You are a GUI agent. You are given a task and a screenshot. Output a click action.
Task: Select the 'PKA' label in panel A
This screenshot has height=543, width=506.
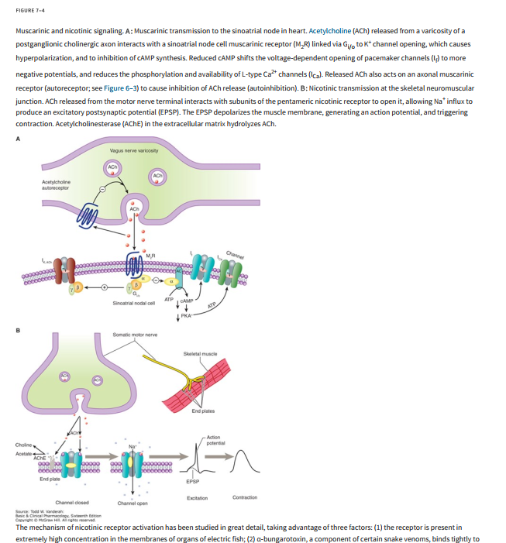[186, 315]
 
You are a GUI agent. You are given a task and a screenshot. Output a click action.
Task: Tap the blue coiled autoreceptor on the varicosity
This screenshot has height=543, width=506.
[87, 211]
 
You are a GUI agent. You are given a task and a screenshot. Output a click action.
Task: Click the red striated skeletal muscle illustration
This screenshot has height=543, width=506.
[198, 383]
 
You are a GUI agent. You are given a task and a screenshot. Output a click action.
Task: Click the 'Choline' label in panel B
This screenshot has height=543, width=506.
[24, 445]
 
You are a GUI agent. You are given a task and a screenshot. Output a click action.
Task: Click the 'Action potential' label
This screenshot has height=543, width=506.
[216, 441]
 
